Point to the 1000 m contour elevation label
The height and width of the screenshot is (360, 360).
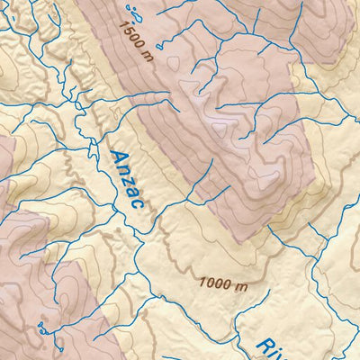(223, 283)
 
